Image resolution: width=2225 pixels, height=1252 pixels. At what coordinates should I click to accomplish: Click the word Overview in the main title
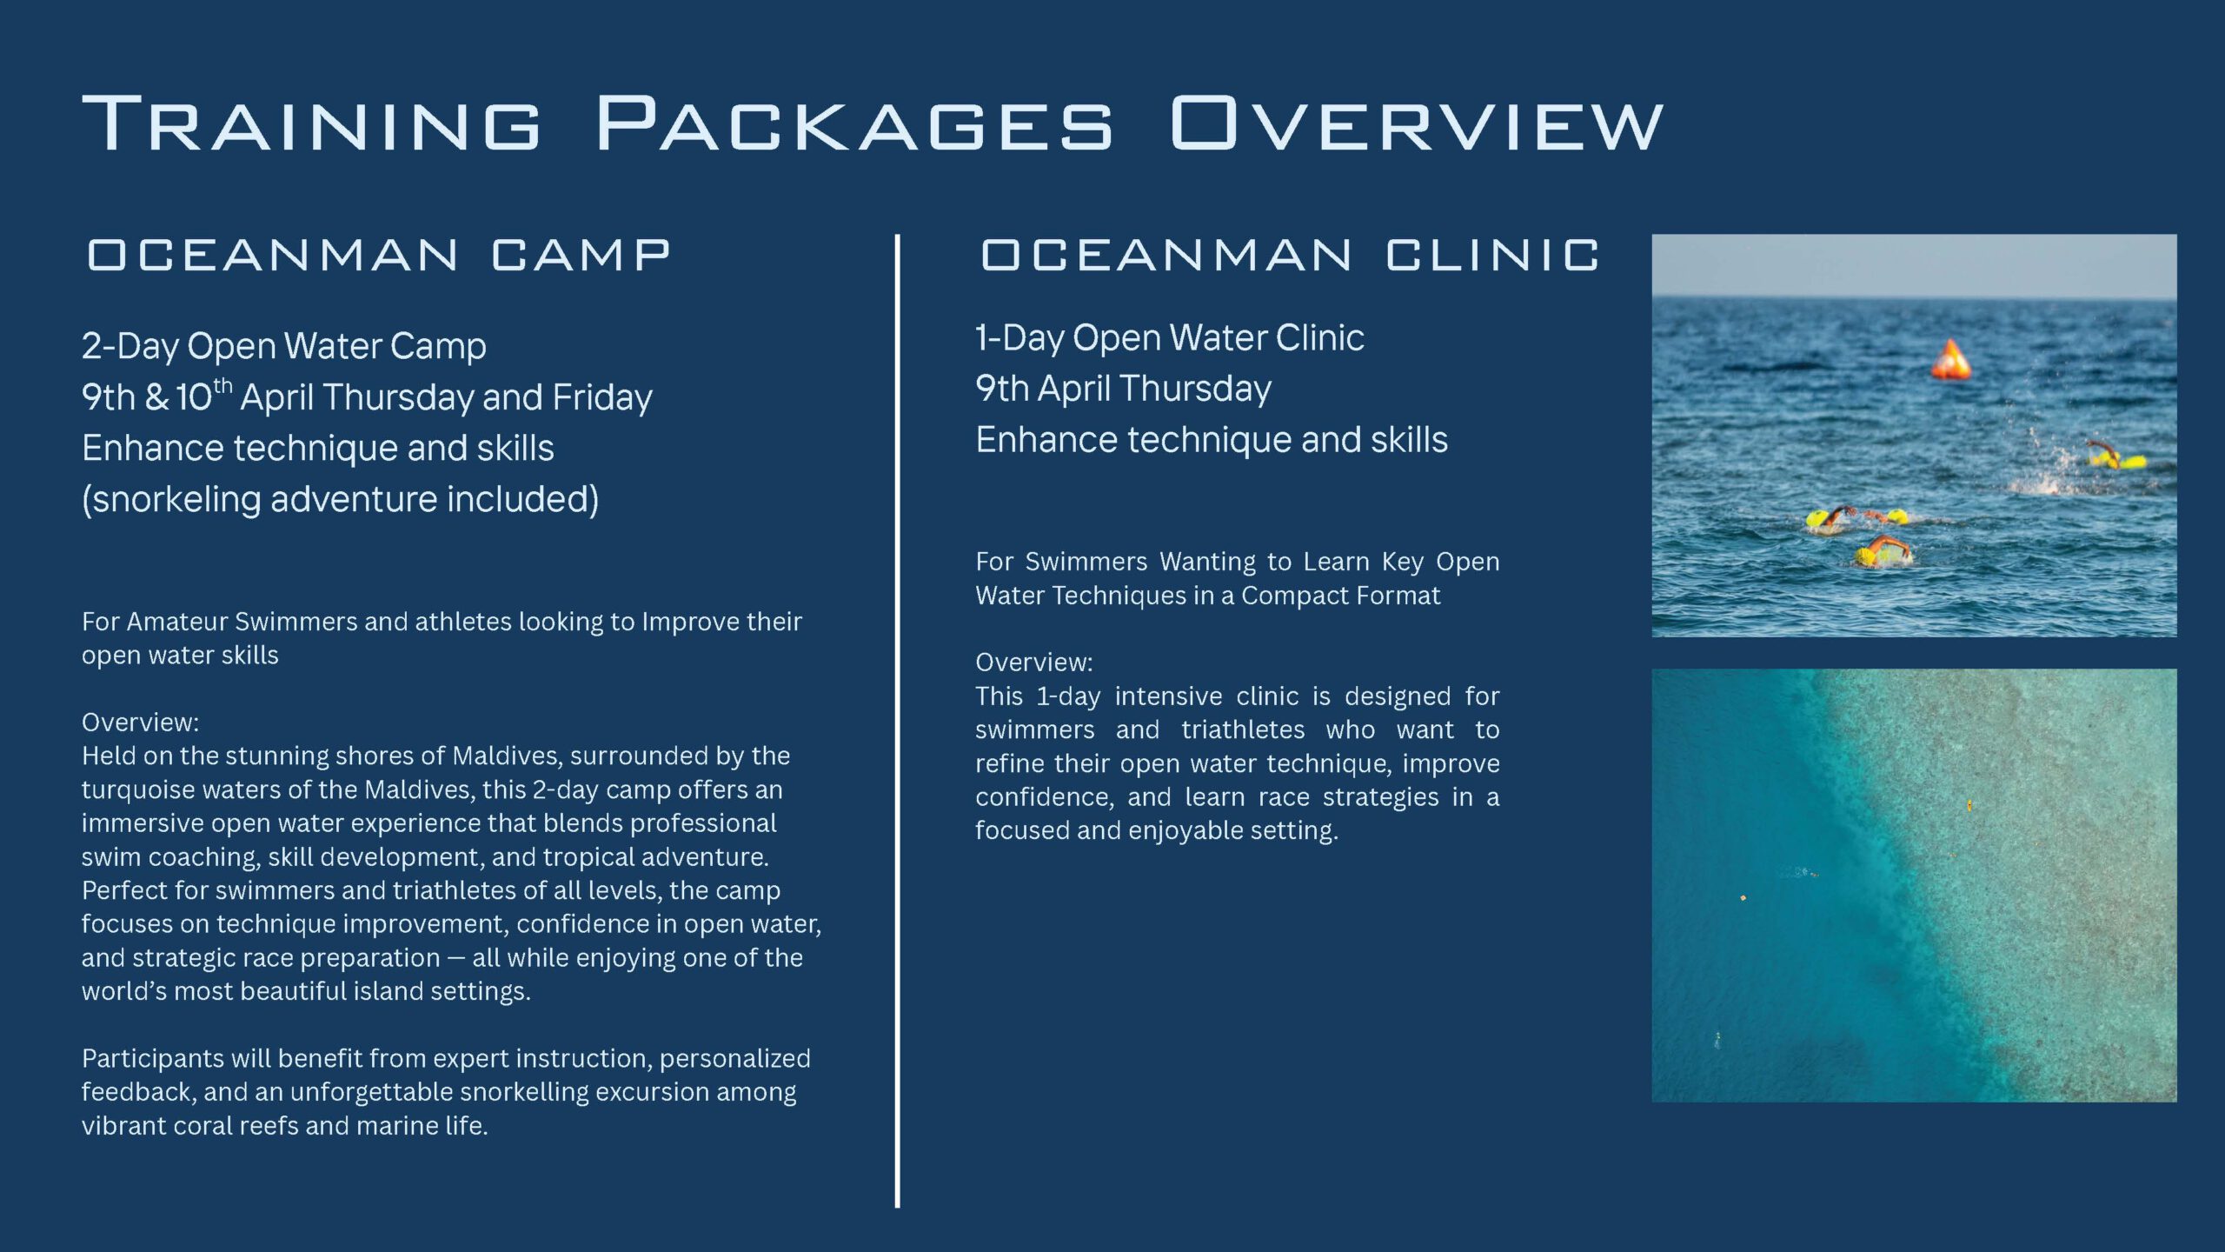1417,123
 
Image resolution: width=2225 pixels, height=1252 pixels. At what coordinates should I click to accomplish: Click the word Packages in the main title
854,123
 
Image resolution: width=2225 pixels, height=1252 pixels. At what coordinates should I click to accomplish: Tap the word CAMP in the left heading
581,255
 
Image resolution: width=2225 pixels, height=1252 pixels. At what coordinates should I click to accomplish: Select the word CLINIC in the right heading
1492,255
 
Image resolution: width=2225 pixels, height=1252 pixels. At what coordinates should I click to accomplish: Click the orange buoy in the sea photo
1950,359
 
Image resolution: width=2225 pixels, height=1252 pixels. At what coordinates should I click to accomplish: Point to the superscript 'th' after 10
222,384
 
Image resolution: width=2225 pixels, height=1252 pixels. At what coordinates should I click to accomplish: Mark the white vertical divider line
897,721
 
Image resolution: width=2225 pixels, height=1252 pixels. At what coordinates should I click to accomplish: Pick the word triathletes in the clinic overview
1243,729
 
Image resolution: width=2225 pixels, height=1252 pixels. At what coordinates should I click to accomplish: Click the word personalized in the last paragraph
734,1059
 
